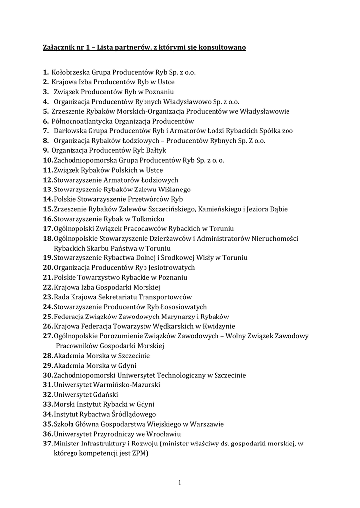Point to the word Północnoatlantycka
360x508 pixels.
[x=81, y=121]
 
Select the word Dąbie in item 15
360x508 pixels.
[x=277, y=209]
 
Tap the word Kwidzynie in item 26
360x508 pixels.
[x=218, y=326]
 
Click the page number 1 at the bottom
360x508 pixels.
[x=180, y=482]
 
